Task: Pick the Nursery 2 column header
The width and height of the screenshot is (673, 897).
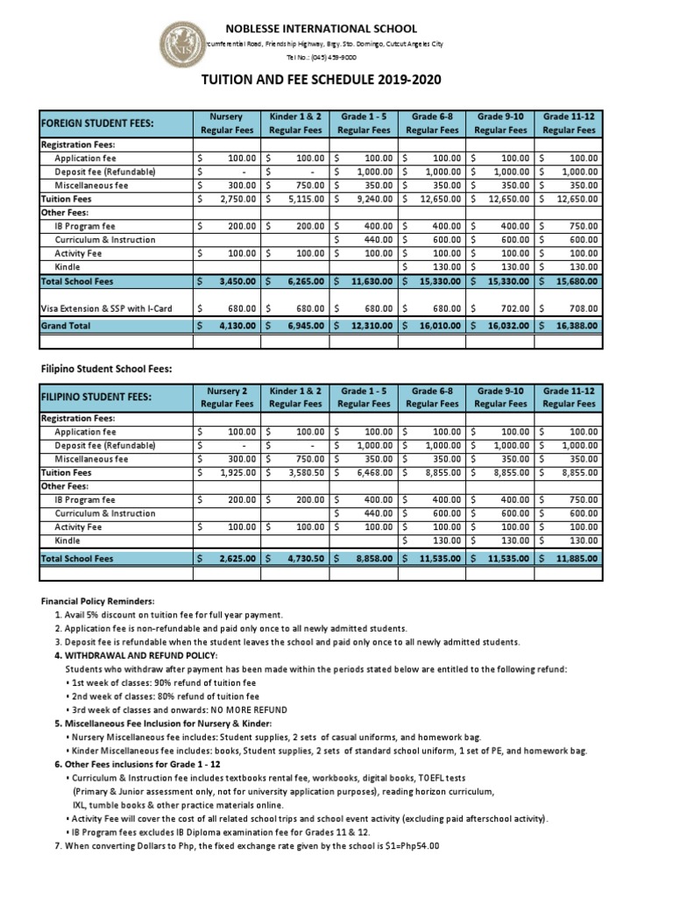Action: click(227, 397)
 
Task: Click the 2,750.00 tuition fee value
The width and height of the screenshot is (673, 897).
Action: click(237, 199)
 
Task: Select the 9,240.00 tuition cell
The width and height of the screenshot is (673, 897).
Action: click(374, 199)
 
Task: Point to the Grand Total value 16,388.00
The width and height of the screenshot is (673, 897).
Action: click(577, 325)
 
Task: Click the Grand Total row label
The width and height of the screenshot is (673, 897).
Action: click(66, 325)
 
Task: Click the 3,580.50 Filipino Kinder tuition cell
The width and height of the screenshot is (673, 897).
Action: click(304, 471)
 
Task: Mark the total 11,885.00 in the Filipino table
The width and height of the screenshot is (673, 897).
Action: click(577, 557)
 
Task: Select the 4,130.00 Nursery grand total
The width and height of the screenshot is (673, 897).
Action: click(237, 325)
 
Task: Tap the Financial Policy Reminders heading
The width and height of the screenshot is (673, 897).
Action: click(97, 602)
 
